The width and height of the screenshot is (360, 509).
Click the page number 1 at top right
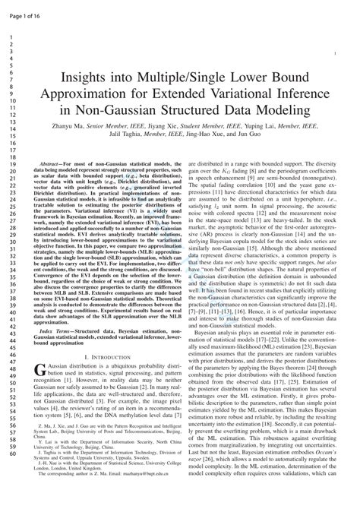(x=336, y=54)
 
